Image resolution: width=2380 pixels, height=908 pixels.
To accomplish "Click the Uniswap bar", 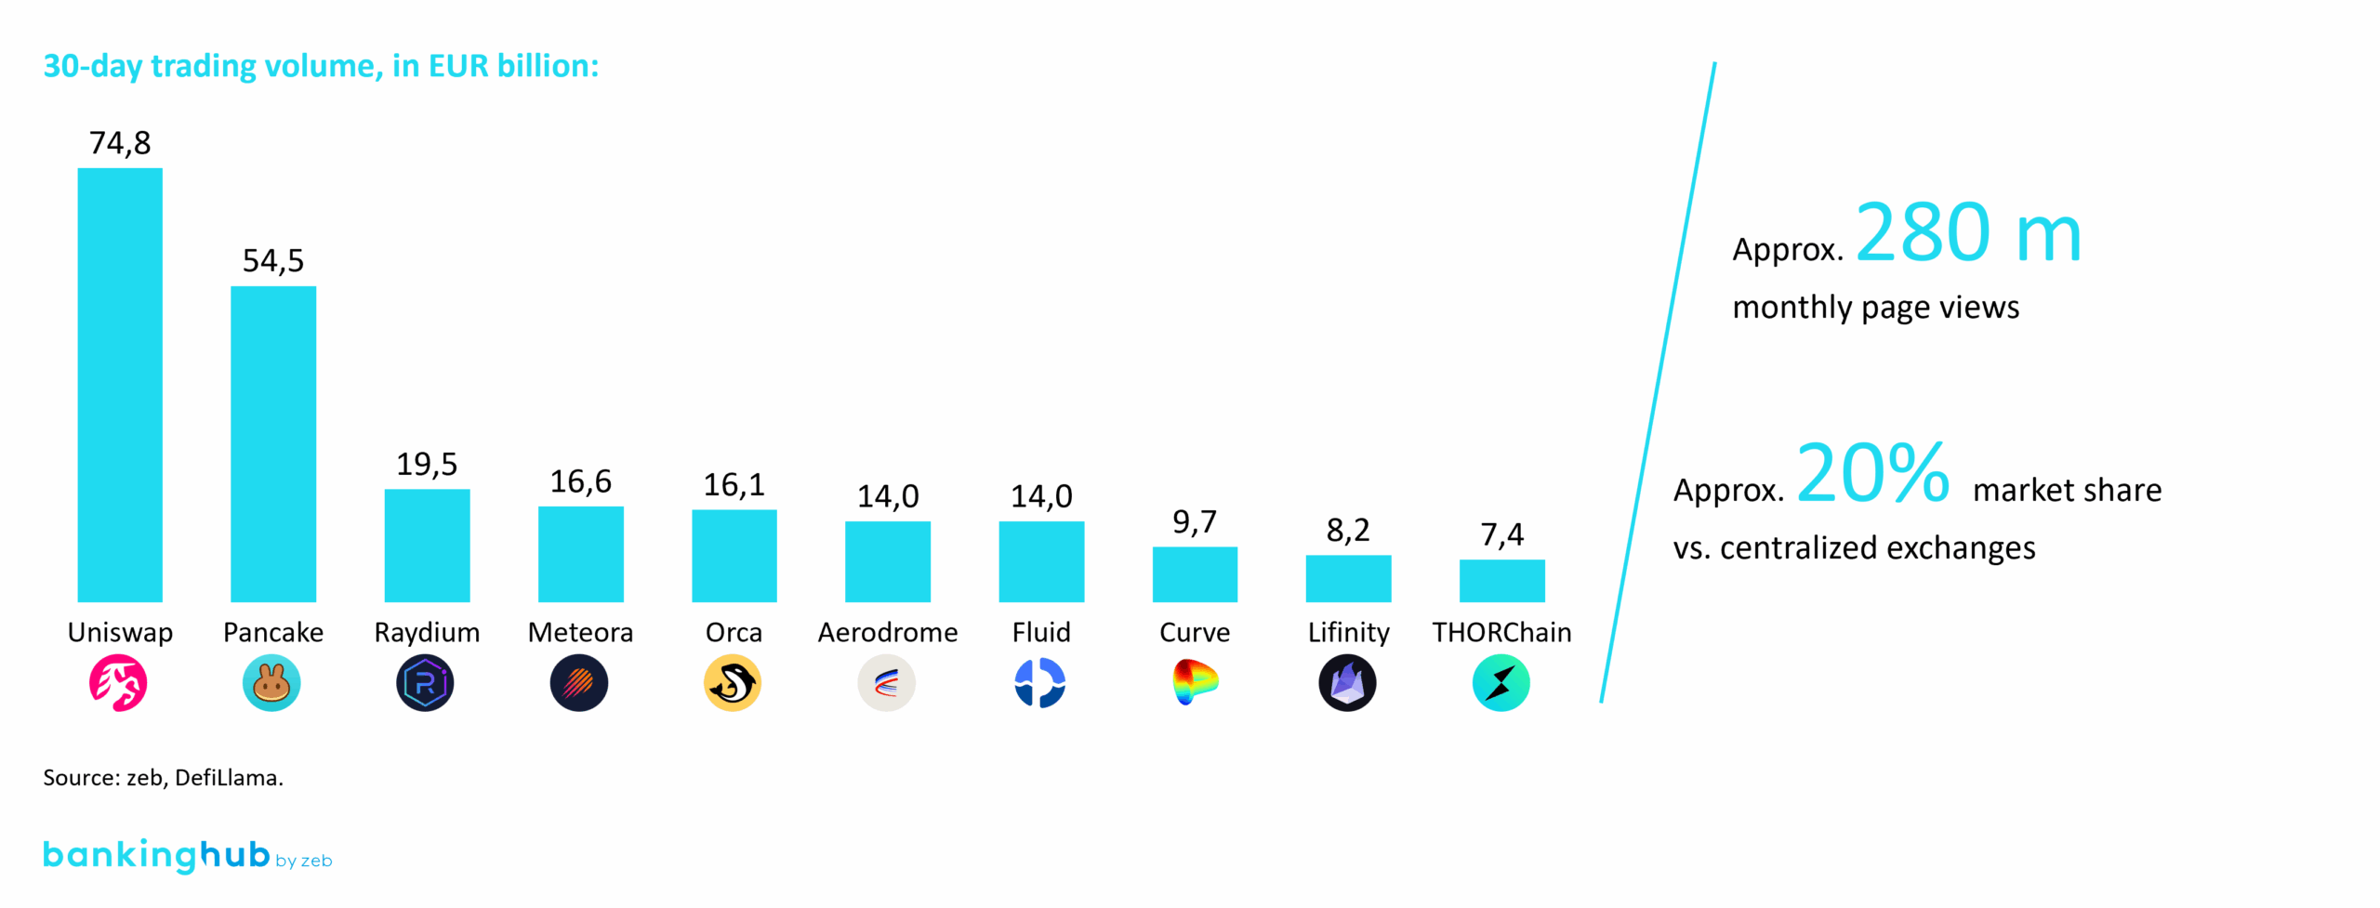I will click(120, 385).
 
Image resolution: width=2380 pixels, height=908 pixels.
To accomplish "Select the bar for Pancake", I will click(273, 443).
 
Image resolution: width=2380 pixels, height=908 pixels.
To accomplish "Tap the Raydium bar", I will click(427, 545).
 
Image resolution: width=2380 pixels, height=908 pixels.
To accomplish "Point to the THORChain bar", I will click(1501, 580).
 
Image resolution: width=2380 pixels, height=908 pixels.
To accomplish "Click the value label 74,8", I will click(120, 143).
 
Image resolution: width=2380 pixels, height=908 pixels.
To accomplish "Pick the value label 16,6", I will click(580, 481).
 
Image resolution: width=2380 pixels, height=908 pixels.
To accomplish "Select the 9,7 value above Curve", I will click(1195, 522).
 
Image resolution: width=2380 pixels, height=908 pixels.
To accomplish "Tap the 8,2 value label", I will click(1348, 531).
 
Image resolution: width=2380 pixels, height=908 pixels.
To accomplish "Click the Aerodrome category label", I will click(887, 632).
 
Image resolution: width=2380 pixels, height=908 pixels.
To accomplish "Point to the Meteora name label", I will click(580, 632).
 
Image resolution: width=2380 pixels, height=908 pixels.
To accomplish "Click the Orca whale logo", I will click(733, 683).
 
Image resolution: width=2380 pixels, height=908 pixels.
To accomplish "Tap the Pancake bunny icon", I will click(271, 683).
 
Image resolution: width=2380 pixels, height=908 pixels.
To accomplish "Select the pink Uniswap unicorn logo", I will click(118, 683).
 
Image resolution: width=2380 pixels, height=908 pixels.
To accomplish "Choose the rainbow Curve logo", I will click(1195, 683).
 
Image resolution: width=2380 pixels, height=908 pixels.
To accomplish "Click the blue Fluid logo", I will click(1039, 683).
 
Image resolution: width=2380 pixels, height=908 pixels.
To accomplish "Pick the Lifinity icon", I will click(1347, 683).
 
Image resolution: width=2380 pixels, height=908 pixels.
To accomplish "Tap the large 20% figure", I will click(1872, 473).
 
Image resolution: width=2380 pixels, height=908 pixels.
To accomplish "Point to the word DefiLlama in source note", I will click(229, 778).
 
